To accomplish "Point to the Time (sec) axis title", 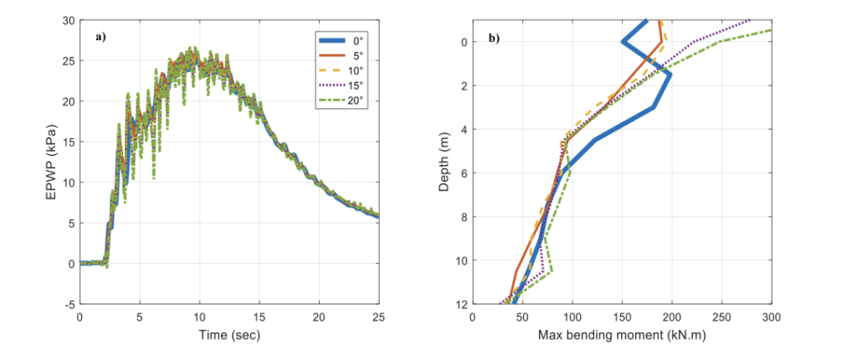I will coord(229,335).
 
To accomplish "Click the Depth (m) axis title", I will coord(444,162).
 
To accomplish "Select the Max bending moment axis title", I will coord(622,335).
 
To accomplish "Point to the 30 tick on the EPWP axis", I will coord(68,20).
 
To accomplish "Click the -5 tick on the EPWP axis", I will coord(68,304).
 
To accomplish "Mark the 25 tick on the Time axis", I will coord(378,316).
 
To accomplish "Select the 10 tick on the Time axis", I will coord(199,316).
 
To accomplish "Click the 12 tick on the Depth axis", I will coord(459,304).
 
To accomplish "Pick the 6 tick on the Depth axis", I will coord(462,172).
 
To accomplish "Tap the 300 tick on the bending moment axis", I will coord(771,316).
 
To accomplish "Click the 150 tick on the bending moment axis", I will coord(622,316).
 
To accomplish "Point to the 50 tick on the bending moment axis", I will coord(522,316).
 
